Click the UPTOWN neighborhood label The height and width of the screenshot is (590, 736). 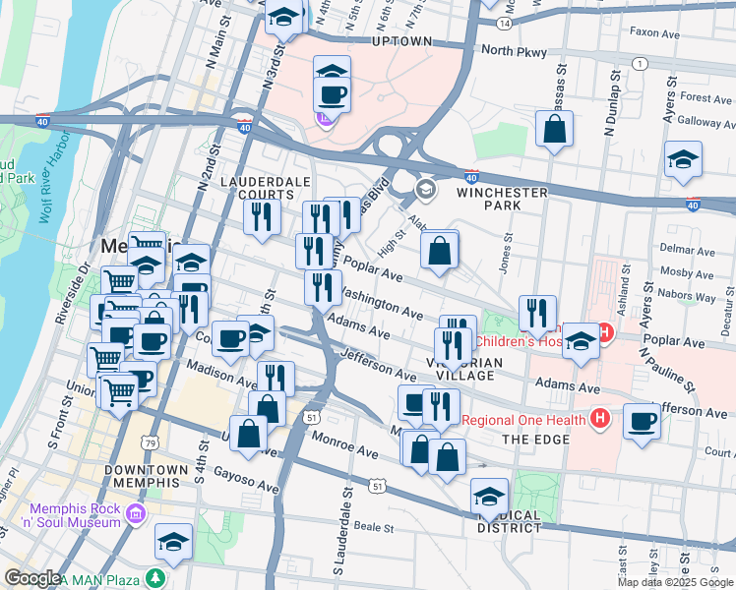(402, 41)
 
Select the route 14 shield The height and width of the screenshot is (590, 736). (503, 22)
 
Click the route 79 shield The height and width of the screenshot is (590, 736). (151, 443)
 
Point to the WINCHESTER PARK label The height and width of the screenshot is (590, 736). (502, 193)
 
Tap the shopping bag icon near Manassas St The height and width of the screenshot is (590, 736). (555, 129)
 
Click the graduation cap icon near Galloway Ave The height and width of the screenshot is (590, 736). (683, 158)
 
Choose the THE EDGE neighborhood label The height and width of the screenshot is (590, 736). (535, 439)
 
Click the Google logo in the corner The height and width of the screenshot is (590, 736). (31, 577)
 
